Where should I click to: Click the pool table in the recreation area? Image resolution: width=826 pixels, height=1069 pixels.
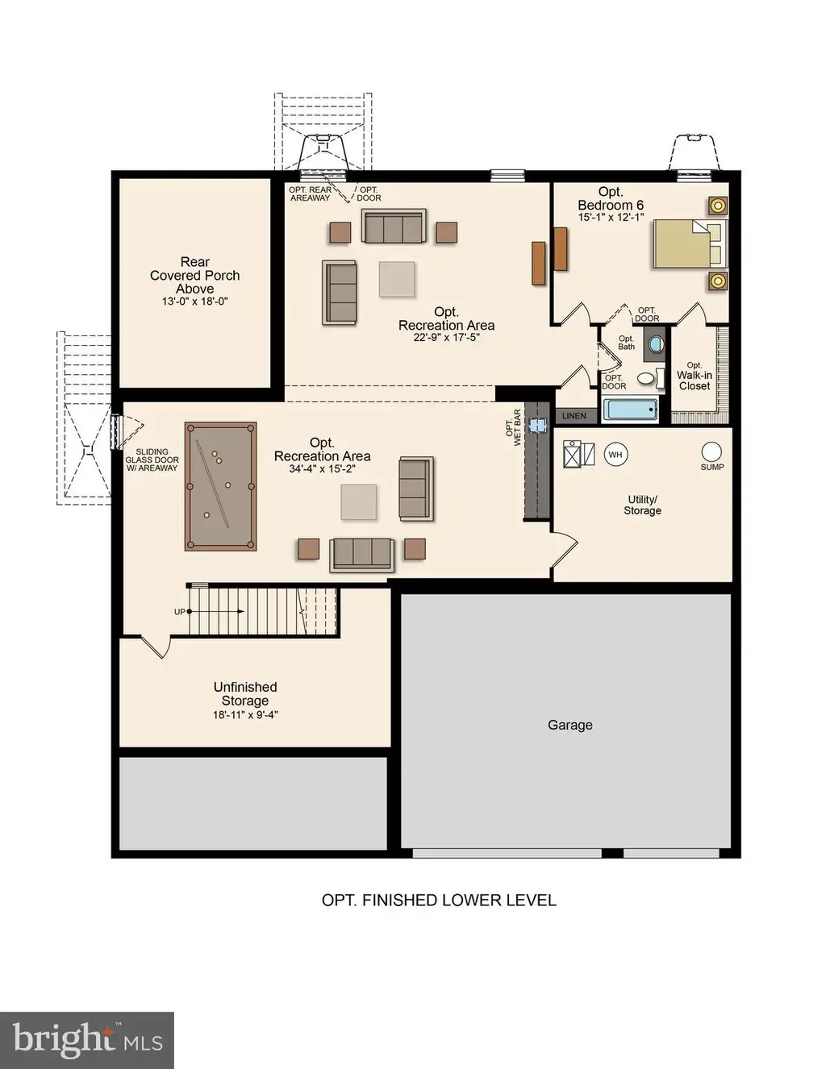[x=220, y=486]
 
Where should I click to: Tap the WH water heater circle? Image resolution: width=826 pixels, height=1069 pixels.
[x=615, y=454]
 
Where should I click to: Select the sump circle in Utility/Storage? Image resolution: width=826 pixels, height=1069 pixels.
[x=711, y=451]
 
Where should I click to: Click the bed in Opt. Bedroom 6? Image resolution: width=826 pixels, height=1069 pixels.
[x=690, y=243]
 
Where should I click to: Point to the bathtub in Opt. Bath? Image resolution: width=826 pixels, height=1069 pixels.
[x=631, y=410]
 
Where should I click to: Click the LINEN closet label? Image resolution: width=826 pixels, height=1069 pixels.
[x=574, y=416]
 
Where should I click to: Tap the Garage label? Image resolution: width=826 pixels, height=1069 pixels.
[x=570, y=725]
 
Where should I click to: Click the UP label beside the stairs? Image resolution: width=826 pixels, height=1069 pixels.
[x=179, y=611]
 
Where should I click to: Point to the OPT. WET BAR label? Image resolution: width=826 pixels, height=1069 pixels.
[x=513, y=427]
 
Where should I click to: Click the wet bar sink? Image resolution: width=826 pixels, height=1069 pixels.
[x=536, y=425]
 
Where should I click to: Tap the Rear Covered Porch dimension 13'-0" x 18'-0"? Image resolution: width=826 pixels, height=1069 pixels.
[x=195, y=301]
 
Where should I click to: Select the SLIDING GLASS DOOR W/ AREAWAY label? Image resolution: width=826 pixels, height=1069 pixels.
[x=152, y=460]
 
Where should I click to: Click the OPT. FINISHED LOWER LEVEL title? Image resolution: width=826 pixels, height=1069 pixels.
[x=439, y=901]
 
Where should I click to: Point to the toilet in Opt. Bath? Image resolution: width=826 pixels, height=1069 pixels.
[x=646, y=378]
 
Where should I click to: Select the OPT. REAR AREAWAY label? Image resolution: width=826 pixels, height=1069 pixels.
[x=310, y=193]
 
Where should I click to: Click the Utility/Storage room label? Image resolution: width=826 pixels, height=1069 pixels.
[x=642, y=505]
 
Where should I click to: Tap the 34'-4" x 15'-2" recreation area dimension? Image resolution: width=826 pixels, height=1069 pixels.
[x=322, y=469]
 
